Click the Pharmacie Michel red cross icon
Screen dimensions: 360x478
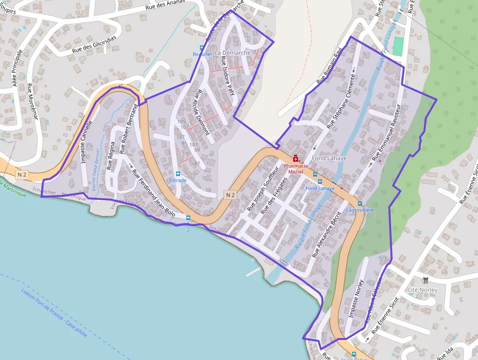[295, 158]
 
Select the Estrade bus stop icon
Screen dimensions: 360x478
[178, 173]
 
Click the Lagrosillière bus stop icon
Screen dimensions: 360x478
[360, 203]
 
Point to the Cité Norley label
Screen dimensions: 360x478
[422, 290]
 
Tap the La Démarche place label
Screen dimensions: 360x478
[233, 53]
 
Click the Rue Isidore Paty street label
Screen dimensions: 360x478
[228, 79]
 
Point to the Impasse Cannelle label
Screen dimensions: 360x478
[85, 142]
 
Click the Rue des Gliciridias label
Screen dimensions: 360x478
[94, 43]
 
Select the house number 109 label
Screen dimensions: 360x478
[181, 122]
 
